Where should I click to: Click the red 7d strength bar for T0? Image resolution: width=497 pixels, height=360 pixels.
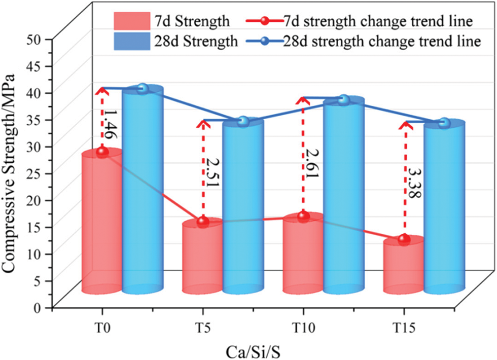(x=101, y=223)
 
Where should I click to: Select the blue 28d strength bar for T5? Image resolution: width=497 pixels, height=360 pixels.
(x=243, y=208)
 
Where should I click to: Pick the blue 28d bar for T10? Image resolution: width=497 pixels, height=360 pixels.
(x=343, y=198)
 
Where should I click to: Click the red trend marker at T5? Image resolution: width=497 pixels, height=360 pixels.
(x=203, y=222)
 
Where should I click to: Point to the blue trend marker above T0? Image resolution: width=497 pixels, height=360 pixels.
(x=143, y=89)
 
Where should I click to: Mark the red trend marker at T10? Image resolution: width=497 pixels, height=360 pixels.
(x=303, y=217)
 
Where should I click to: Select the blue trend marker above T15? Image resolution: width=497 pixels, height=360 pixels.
(x=444, y=123)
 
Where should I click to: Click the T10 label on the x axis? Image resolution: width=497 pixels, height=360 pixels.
(x=303, y=328)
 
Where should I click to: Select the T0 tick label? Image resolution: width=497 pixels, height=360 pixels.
(x=102, y=328)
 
